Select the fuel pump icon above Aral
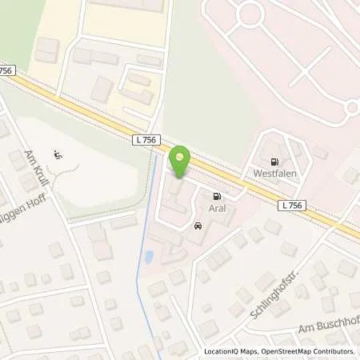215,195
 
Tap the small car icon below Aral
197,227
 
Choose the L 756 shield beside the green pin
145,139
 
